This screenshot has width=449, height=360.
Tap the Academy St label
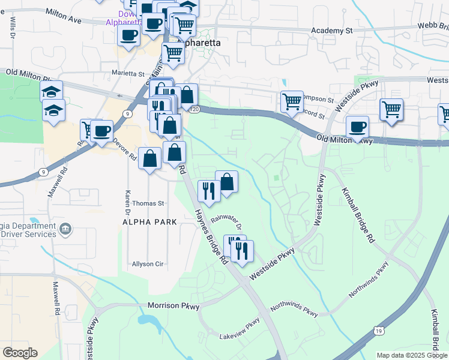[x=332, y=30]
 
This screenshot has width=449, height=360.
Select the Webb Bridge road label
[x=435, y=25]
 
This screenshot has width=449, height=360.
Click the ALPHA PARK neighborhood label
[x=149, y=222]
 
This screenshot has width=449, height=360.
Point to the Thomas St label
[x=148, y=204]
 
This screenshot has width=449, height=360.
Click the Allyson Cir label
[x=148, y=264]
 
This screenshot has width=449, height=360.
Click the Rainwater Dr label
[x=230, y=223]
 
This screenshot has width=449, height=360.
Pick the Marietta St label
[x=128, y=74]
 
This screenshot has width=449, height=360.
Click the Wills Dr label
[x=12, y=27]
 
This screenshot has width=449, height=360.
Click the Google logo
[x=20, y=353]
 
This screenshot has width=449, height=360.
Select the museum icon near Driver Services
[x=66, y=228]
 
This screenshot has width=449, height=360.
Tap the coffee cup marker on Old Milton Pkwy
[x=358, y=127]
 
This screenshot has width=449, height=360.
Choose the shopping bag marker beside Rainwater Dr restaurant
[x=227, y=181]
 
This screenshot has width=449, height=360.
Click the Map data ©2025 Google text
[x=411, y=355]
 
